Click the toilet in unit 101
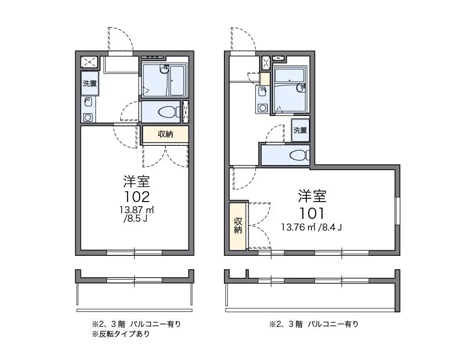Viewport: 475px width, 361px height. click(x=299, y=156)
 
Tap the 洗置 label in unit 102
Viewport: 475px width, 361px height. click(x=90, y=83)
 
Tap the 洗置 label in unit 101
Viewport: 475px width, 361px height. click(x=300, y=130)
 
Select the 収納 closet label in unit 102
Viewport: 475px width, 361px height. click(x=166, y=134)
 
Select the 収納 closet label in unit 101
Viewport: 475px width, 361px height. click(x=238, y=225)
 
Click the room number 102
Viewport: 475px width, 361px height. click(x=137, y=197)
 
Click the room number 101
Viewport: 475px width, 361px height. click(x=312, y=213)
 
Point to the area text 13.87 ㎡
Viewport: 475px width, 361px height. click(x=137, y=210)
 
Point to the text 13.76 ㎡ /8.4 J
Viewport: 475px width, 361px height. click(x=312, y=227)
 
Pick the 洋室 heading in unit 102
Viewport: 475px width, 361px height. click(x=137, y=181)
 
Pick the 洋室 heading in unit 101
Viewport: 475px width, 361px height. click(x=312, y=196)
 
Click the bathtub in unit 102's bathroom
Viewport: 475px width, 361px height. click(x=177, y=80)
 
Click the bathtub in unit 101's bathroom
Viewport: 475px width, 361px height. click(x=289, y=76)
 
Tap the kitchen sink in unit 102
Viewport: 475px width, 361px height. click(x=88, y=102)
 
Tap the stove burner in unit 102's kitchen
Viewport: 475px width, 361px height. click(x=88, y=117)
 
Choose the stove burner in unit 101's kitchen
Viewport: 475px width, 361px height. click(x=262, y=108)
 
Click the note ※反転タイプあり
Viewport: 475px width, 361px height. click(x=121, y=334)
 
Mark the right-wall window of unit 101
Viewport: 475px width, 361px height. click(x=397, y=211)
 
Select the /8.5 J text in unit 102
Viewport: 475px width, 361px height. click(x=136, y=218)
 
